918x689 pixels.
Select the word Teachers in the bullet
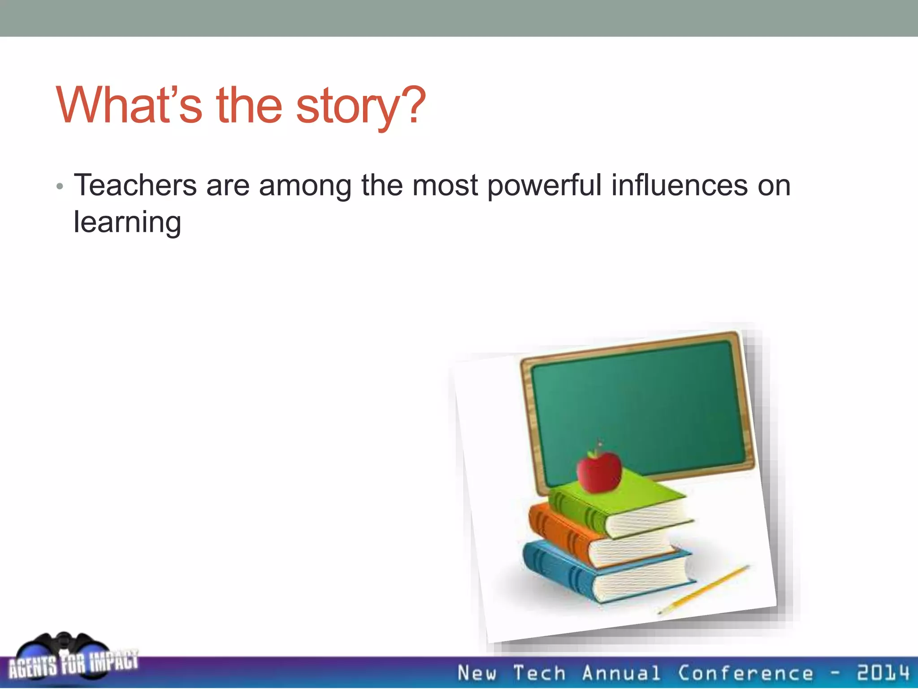click(x=135, y=185)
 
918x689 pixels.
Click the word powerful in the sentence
click(x=544, y=186)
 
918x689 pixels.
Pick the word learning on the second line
click(x=127, y=222)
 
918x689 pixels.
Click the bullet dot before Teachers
click(x=60, y=187)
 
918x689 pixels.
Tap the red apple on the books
click(x=599, y=472)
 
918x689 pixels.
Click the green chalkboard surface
click(x=637, y=404)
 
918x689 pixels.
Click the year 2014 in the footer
click(x=883, y=673)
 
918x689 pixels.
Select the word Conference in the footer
click(x=745, y=673)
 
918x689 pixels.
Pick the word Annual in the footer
click(x=621, y=673)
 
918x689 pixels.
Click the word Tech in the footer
click(x=539, y=673)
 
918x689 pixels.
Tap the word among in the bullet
click(x=305, y=186)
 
